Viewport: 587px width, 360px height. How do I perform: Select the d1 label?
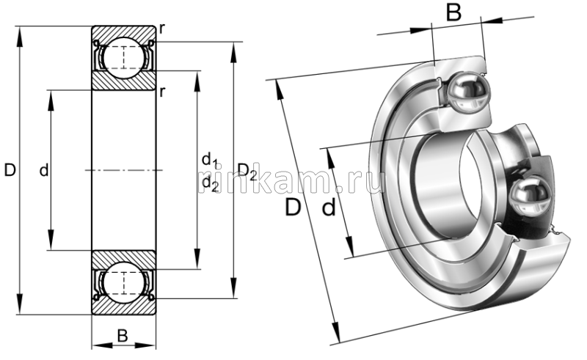210,160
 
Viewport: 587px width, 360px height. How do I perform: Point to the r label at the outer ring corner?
161,29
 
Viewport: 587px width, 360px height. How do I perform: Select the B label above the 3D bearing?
454,12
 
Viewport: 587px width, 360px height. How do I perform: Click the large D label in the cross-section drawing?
10,171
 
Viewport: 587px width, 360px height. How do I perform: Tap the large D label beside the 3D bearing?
293,207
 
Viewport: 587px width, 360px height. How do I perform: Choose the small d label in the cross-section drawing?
43,171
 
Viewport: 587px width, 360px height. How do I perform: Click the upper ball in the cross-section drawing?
123,56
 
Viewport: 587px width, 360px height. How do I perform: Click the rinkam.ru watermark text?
293,181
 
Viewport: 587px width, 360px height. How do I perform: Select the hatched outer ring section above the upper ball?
123,33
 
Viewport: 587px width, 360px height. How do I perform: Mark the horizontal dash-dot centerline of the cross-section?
123,170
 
